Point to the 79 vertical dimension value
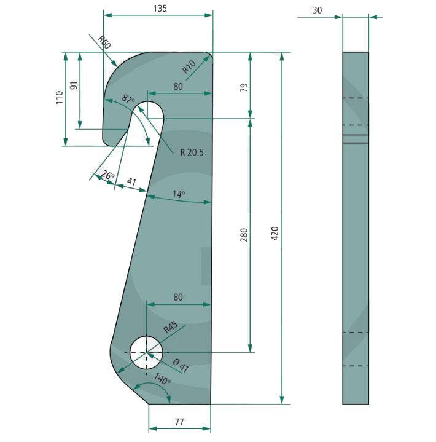(x=244, y=85)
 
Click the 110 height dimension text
(x=60, y=98)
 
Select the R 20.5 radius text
(x=192, y=152)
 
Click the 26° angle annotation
(x=107, y=176)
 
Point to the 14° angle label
(x=178, y=194)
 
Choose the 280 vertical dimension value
(x=244, y=234)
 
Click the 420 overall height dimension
(x=275, y=233)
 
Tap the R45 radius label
(x=171, y=328)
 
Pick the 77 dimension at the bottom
(x=179, y=423)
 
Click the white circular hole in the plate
(x=146, y=353)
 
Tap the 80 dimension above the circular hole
(x=178, y=298)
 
